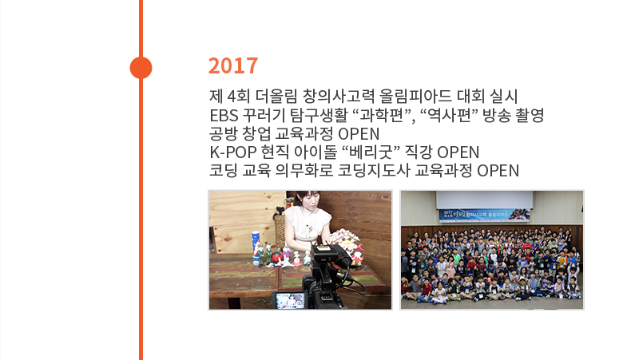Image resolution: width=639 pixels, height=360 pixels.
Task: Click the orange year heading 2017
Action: coord(233,65)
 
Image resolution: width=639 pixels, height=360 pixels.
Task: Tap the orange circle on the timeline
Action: coord(141,68)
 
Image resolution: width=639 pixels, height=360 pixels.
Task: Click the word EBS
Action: coord(224,116)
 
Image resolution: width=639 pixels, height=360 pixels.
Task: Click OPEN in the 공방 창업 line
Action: coord(359,134)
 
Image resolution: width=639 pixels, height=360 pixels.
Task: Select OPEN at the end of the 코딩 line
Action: coord(498,171)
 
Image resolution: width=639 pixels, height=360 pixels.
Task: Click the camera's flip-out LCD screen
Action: coord(290,301)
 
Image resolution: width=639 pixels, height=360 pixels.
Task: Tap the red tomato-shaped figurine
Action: coord(278,255)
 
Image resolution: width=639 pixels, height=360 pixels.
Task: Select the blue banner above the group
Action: coord(484,215)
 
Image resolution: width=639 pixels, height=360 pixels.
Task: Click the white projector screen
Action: coord(484,200)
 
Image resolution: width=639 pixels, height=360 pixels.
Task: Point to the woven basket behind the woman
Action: coord(280,229)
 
